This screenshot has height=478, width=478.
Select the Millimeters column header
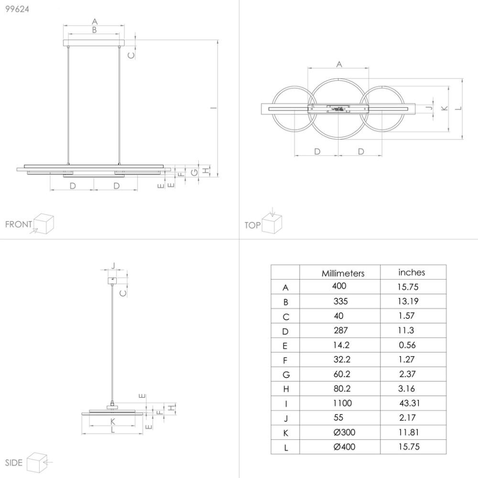pyautogui.click(x=343, y=273)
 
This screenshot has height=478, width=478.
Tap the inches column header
pyautogui.click(x=412, y=272)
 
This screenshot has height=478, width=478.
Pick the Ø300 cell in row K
pyautogui.click(x=345, y=433)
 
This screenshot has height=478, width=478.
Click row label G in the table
pyautogui.click(x=285, y=374)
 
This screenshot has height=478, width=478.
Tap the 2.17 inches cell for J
pyautogui.click(x=407, y=418)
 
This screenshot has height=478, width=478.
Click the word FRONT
pyautogui.click(x=18, y=224)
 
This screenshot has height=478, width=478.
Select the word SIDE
pyautogui.click(x=13, y=462)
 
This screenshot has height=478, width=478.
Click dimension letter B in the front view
pyautogui.click(x=94, y=30)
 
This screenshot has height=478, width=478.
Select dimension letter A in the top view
pyautogui.click(x=339, y=64)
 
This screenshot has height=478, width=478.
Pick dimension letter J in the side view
pyautogui.click(x=113, y=265)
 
